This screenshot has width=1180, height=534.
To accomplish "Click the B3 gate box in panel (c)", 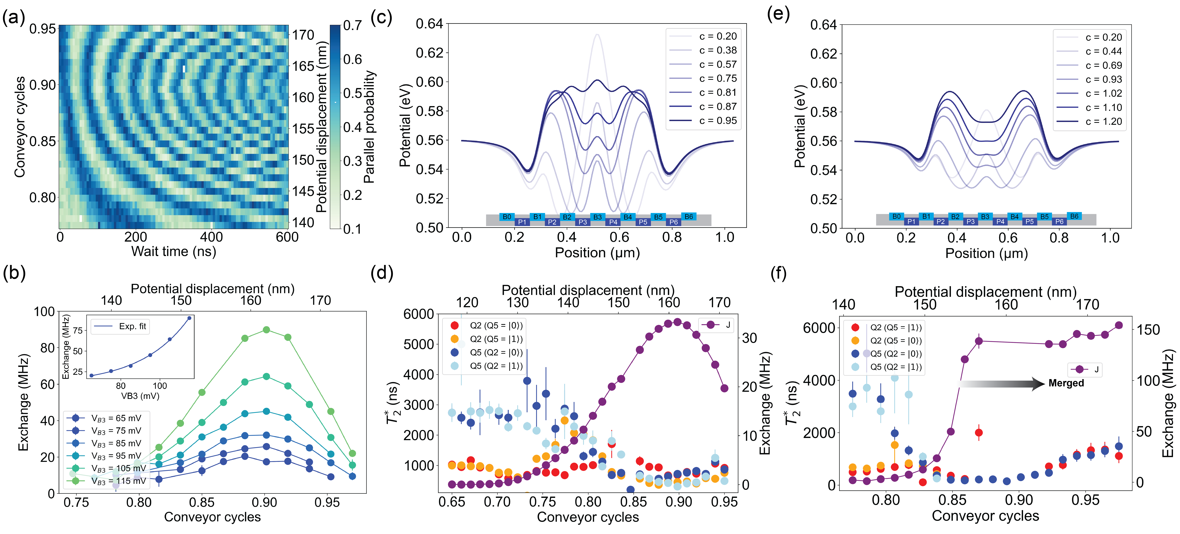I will pyautogui.click(x=597, y=217).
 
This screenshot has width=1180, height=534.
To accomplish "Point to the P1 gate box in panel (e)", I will pyautogui.click(x=911, y=221).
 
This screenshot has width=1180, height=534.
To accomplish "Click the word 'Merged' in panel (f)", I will pyautogui.click(x=1066, y=383).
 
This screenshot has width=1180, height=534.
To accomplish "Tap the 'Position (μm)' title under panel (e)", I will pyautogui.click(x=986, y=253).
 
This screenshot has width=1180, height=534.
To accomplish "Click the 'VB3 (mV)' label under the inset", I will pyautogui.click(x=140, y=396).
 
